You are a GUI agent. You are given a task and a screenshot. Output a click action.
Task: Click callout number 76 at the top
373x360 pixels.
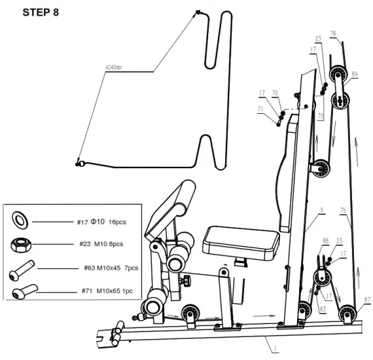[333, 33]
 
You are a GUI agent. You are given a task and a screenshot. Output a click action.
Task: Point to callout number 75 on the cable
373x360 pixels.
[344, 211]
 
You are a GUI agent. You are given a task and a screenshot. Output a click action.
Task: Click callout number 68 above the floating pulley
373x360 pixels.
[326, 241]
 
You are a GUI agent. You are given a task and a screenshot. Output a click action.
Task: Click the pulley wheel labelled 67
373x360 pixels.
[351, 314]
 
